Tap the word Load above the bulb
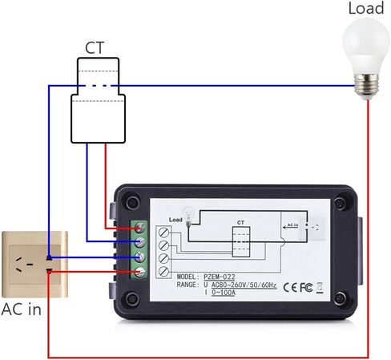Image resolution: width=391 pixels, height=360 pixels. [x=365, y=9]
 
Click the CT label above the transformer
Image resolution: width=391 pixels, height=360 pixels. [x=95, y=49]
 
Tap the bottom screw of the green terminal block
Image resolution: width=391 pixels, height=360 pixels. [x=140, y=273]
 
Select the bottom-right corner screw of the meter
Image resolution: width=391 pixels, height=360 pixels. [x=343, y=298]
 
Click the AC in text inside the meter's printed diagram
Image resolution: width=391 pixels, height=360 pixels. [x=292, y=227]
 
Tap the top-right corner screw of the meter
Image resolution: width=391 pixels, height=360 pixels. [x=343, y=203]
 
